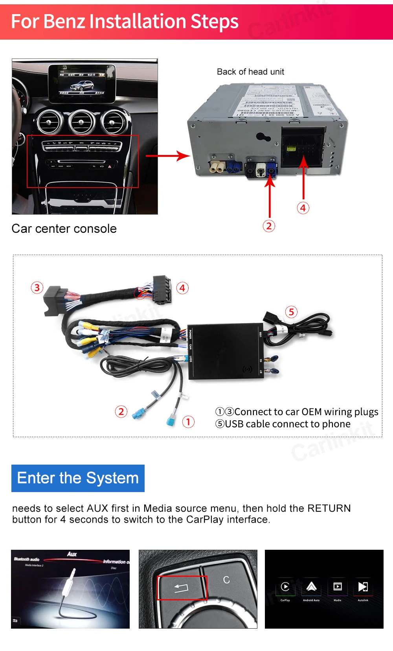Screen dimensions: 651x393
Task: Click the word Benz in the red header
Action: click(x=64, y=22)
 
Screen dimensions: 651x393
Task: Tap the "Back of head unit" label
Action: click(x=250, y=72)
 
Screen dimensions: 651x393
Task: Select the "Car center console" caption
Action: click(x=64, y=228)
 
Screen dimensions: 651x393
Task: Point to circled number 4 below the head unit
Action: click(x=303, y=208)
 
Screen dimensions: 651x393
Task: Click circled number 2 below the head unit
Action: click(x=269, y=226)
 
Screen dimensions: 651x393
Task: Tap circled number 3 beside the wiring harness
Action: click(x=37, y=288)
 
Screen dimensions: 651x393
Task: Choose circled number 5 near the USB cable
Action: click(x=291, y=312)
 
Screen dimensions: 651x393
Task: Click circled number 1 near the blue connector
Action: click(x=188, y=422)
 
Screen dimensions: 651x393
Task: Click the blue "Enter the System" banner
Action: click(x=78, y=478)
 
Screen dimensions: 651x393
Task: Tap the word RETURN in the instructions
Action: click(x=329, y=508)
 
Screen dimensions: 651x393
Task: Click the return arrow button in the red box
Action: click(x=182, y=587)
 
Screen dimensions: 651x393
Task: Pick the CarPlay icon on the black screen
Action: click(x=285, y=587)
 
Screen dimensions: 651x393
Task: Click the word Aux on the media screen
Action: click(x=72, y=554)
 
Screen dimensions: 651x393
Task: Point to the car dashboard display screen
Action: click(x=82, y=83)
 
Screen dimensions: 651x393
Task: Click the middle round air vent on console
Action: click(x=82, y=122)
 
